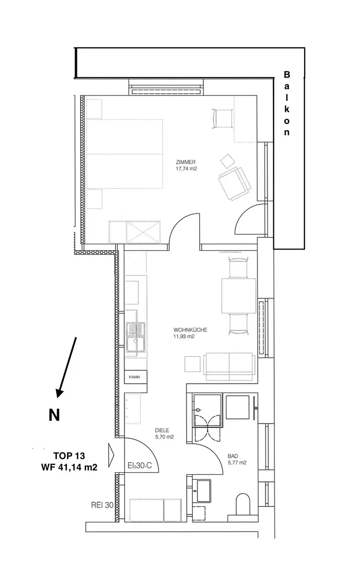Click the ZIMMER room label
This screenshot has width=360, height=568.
coord(186,162)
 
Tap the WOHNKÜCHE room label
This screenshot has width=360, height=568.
coord(190,330)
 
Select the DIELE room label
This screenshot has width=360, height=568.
coord(162,430)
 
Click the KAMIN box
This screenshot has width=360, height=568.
coord(136,377)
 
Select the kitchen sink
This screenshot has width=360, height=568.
coord(136,337)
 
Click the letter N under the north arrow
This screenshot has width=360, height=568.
coord(54,415)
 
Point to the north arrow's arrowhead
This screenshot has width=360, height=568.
coord(60,392)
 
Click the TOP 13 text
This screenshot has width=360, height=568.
coord(69,456)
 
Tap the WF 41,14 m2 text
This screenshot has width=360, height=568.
coord(69,467)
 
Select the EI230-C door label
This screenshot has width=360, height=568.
coord(140,465)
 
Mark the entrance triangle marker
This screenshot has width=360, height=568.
coord(111,455)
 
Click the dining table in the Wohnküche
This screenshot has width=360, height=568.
coord(239,296)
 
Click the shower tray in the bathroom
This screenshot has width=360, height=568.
coord(207,410)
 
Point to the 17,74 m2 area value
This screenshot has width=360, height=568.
coord(187,169)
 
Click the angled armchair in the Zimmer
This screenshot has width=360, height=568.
coord(234,183)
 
